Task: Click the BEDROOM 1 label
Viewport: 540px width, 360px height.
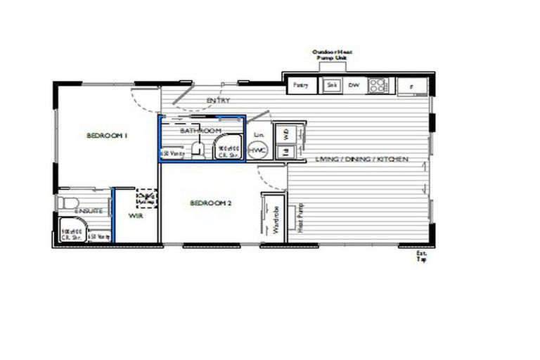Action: point(107,135)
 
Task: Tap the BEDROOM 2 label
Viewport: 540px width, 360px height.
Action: point(211,203)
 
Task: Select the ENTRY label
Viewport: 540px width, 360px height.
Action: point(218,101)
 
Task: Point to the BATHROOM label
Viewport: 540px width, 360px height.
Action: point(200,131)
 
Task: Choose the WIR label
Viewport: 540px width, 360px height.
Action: point(136,217)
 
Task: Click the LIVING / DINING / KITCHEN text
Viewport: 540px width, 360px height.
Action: point(361,160)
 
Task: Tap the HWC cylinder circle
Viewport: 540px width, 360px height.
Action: point(257,150)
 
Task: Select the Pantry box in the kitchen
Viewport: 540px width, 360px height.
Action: point(301,86)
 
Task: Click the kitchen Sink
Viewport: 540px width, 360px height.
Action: point(333,86)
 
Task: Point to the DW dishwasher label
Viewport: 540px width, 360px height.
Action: point(354,86)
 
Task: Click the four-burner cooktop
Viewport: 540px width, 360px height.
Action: point(378,86)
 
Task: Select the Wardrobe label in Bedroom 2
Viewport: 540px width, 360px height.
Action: point(276,219)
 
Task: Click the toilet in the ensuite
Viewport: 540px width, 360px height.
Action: point(67,203)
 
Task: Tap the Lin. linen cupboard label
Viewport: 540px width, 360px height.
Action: point(258,134)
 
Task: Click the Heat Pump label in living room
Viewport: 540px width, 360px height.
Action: point(299,219)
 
